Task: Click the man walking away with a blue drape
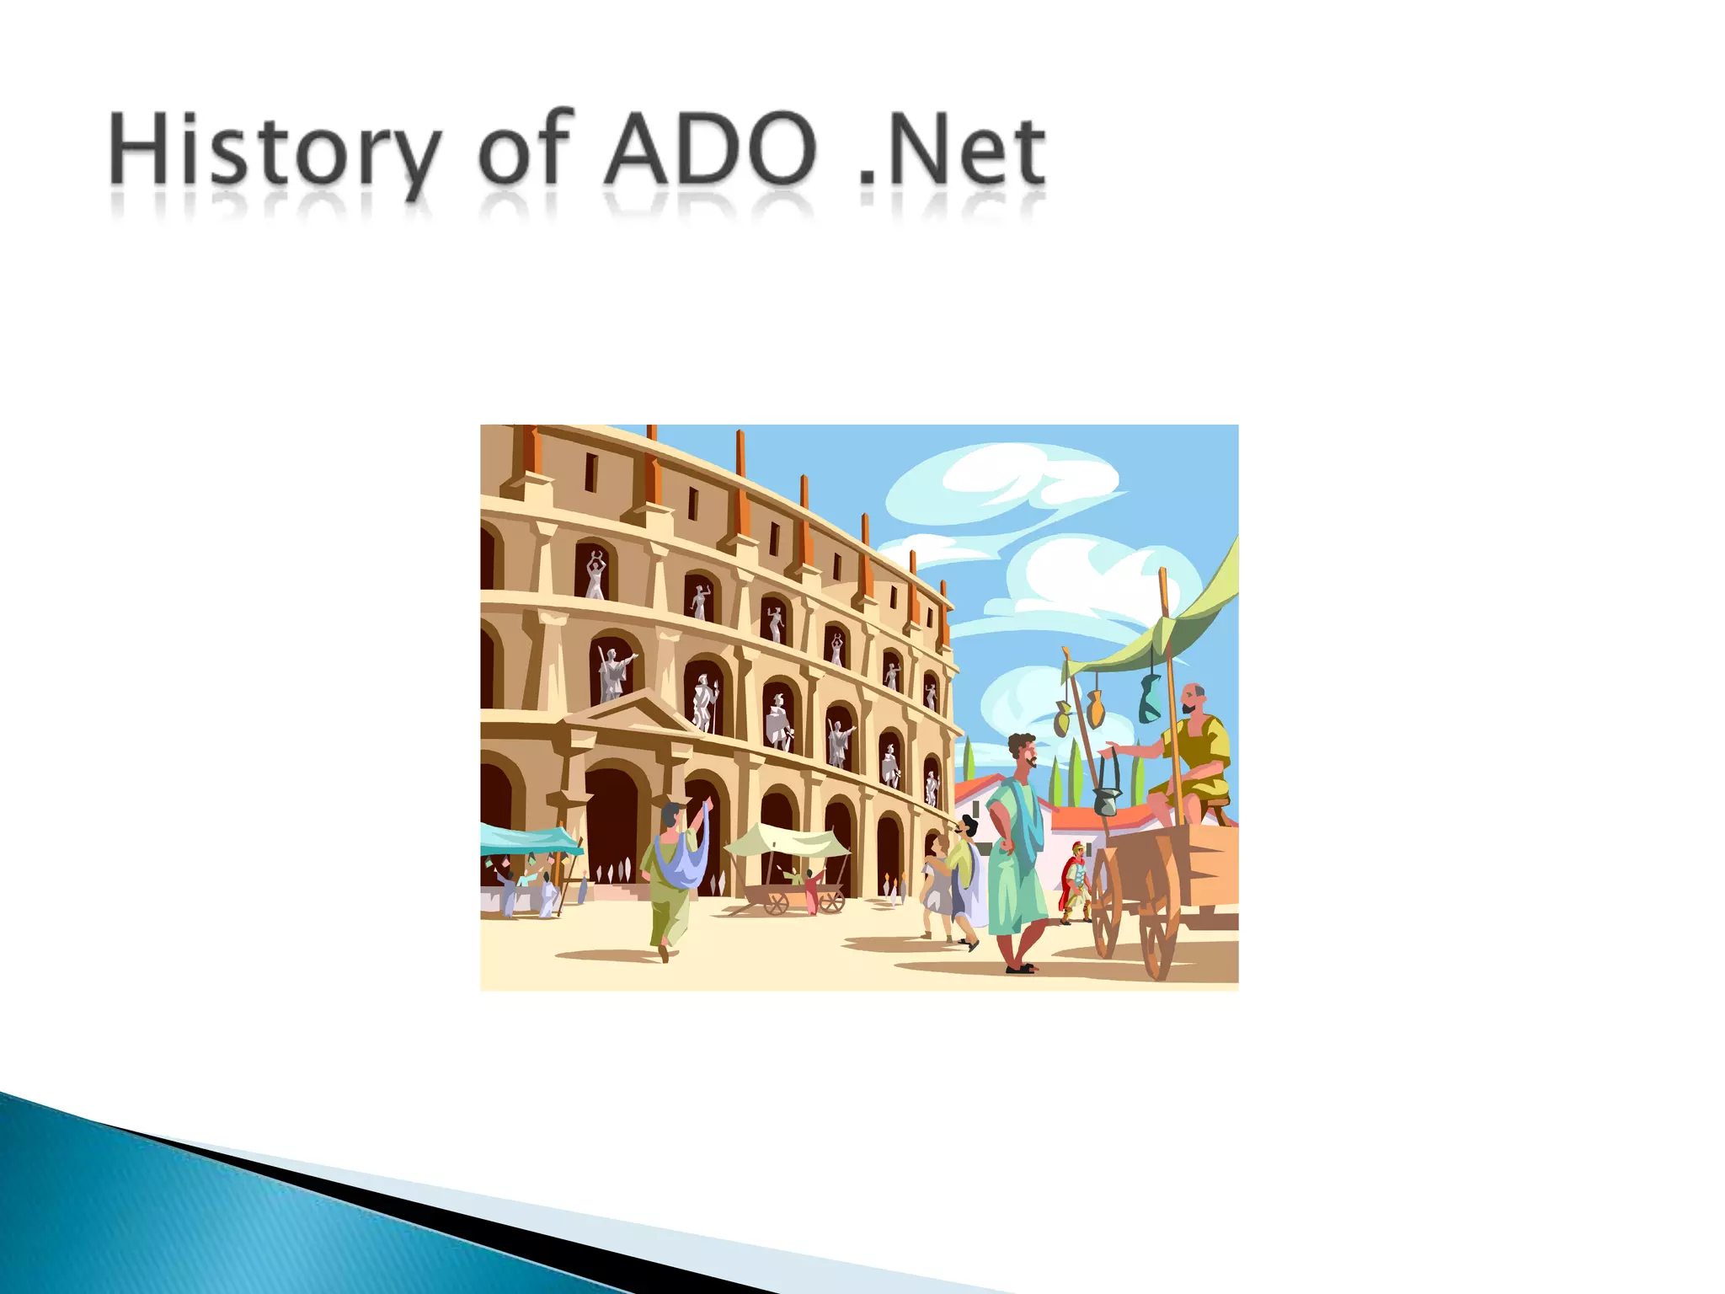click(x=674, y=876)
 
